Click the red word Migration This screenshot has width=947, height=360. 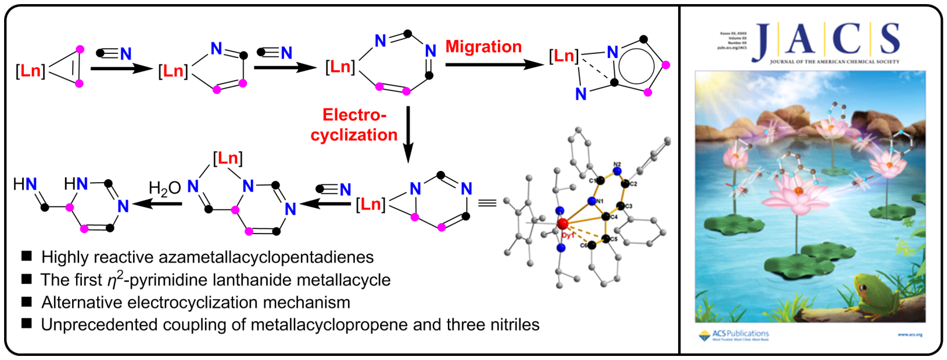[x=483, y=47]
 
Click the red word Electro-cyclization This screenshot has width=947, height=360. [x=354, y=125]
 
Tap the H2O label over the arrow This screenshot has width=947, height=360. [x=165, y=188]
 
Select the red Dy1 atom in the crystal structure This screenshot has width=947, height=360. [x=563, y=224]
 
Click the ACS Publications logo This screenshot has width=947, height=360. [x=734, y=335]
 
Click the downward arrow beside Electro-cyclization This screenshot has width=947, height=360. [x=408, y=134]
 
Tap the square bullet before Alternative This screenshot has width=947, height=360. [x=26, y=301]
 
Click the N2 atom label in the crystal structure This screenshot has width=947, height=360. [x=617, y=166]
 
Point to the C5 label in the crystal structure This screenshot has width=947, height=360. [x=613, y=239]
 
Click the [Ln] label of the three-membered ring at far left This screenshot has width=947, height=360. [x=30, y=71]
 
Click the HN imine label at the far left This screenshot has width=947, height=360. [x=25, y=185]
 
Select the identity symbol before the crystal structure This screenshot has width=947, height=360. [x=487, y=203]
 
